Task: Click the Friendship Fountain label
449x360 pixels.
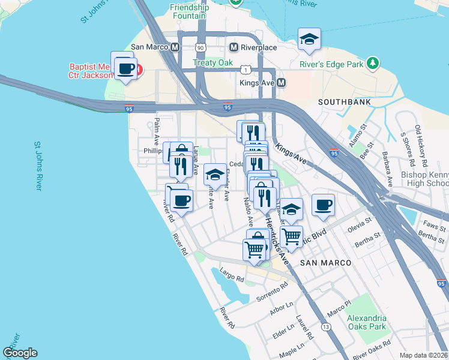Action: tap(190, 13)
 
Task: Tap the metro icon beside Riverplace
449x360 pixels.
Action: tap(235, 47)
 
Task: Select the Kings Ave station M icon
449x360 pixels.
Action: tap(281, 83)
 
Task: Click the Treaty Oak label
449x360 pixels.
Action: tap(212, 62)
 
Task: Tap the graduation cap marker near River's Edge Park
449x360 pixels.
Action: tap(309, 39)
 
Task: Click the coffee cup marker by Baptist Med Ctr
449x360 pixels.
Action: tap(125, 69)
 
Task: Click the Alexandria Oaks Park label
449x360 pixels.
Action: tap(367, 322)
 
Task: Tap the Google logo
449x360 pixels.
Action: tap(20, 353)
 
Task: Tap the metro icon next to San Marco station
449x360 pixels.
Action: tap(175, 47)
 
